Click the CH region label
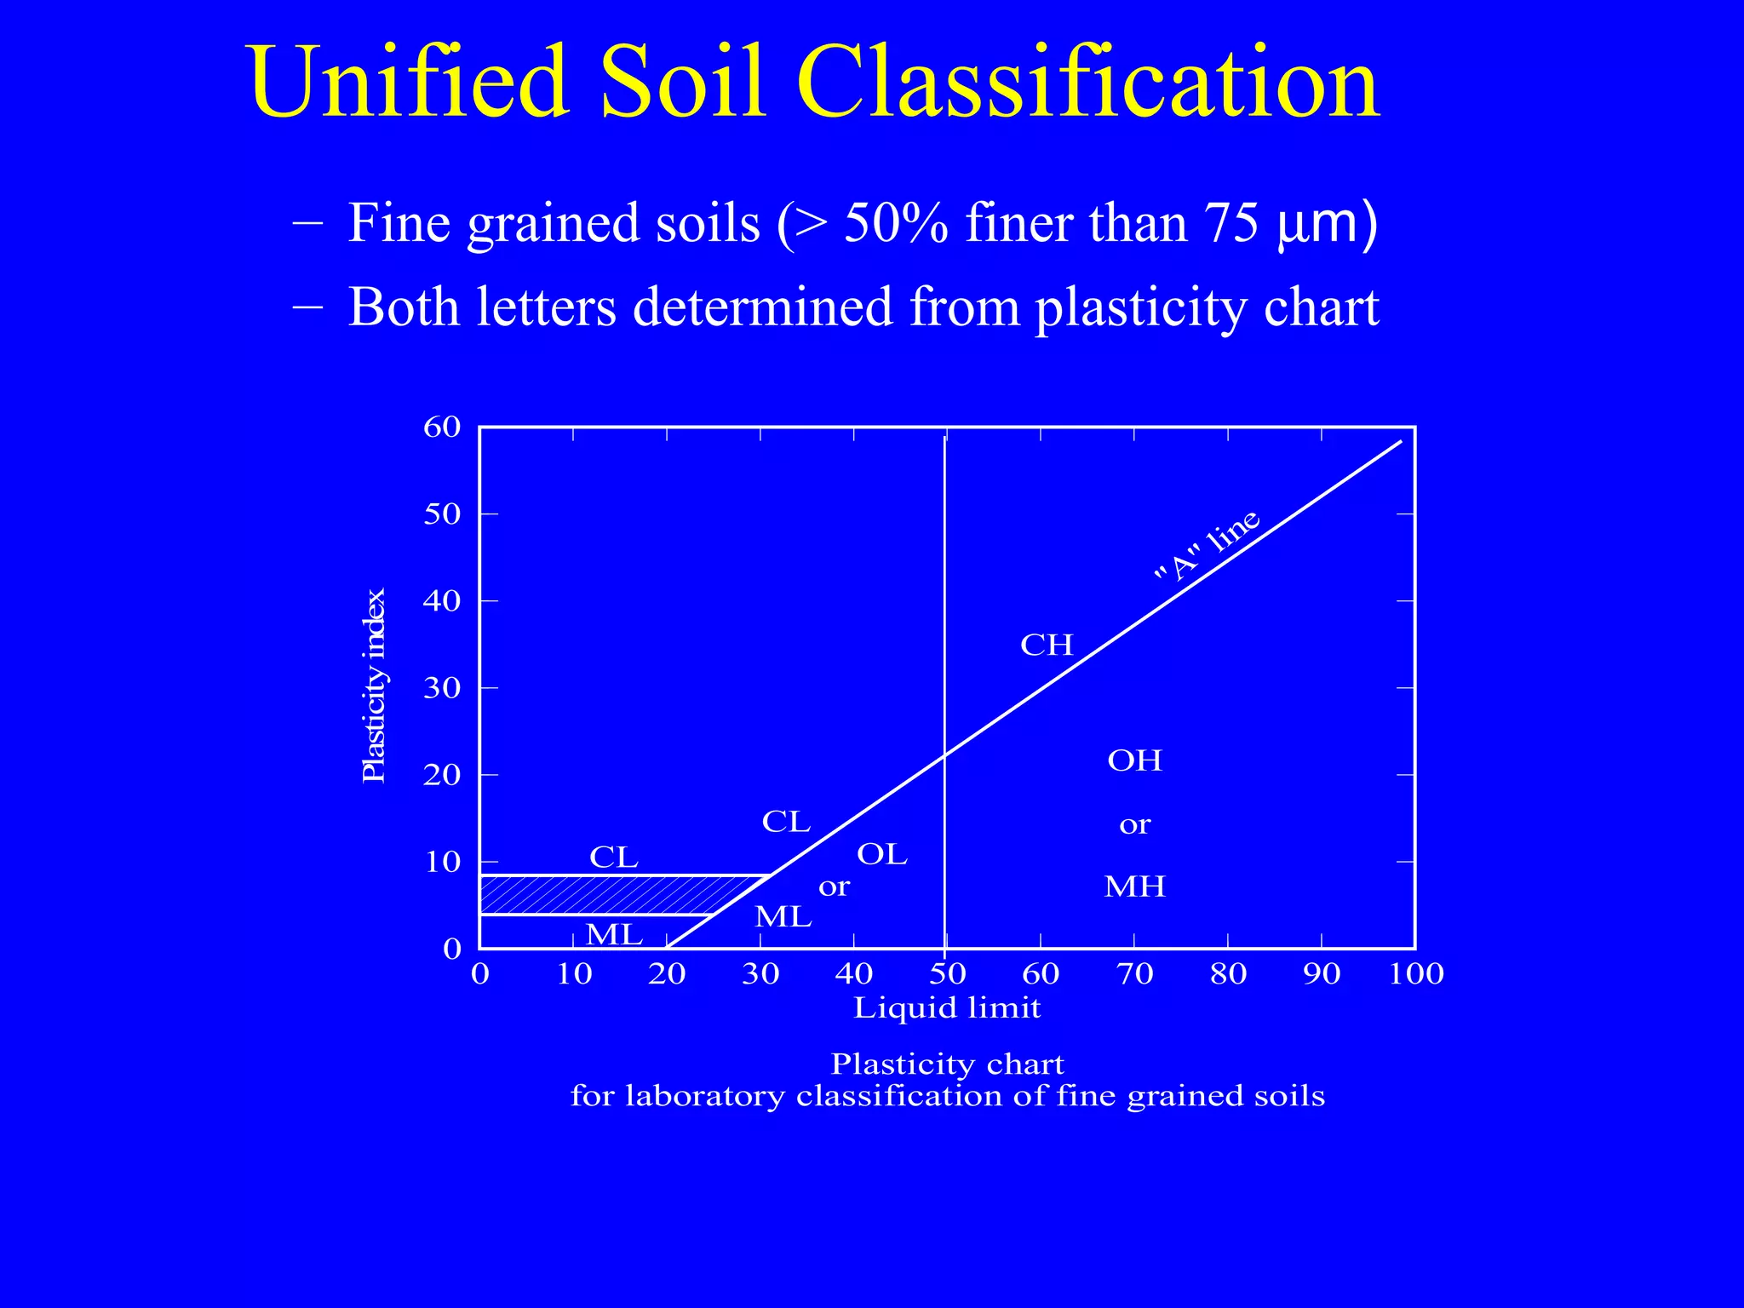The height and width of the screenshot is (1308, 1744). [x=1047, y=645]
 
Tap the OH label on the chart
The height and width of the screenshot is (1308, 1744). [x=1134, y=760]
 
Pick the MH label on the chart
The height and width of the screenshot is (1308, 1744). [x=1134, y=887]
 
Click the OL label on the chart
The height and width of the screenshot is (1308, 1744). [x=882, y=854]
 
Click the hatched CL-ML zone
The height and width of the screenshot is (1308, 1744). [x=596, y=895]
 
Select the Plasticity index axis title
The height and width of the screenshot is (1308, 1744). [x=375, y=686]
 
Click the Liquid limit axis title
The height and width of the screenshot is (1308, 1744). [x=947, y=1008]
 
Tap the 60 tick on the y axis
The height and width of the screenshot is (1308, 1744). [x=442, y=427]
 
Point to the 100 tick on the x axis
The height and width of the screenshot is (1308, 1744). [x=1416, y=973]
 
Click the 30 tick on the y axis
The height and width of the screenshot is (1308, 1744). [x=442, y=688]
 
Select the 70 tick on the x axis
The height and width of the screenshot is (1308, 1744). [x=1134, y=973]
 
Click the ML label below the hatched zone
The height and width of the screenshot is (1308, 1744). [x=614, y=935]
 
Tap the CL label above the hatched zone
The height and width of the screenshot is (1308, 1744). [x=614, y=858]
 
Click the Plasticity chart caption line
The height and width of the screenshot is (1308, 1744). [x=947, y=1064]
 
